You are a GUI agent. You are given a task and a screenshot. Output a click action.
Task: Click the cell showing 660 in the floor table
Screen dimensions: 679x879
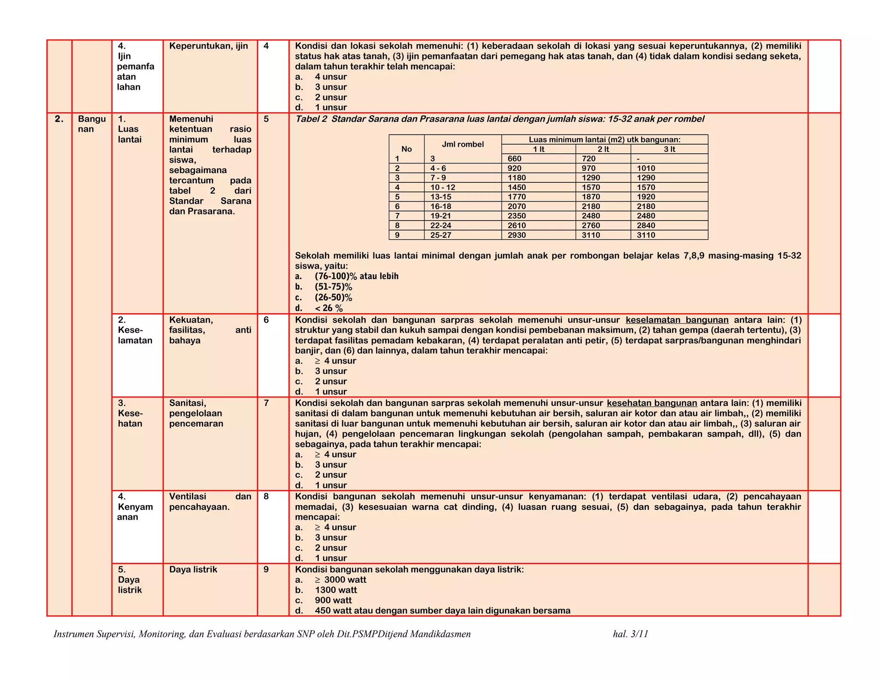pos(515,159)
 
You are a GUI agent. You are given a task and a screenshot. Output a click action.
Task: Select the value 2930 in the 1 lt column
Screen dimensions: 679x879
pos(516,235)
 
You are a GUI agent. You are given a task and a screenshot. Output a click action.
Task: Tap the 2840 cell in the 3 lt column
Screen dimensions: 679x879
pos(646,226)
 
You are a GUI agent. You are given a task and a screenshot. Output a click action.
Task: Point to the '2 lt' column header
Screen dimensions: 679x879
pos(603,149)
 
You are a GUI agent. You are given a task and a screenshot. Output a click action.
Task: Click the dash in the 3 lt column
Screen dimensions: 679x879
pos(638,159)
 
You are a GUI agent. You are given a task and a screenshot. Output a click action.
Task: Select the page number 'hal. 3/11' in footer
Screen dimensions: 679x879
pos(630,634)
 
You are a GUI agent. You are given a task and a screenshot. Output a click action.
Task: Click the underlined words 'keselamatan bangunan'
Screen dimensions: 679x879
pos(677,320)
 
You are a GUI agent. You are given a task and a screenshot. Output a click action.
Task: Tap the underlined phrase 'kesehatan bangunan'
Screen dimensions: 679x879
pos(652,403)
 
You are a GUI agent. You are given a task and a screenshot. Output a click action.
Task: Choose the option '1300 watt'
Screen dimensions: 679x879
pos(336,590)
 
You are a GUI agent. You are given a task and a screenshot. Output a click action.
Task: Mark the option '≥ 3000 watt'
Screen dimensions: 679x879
pos(340,580)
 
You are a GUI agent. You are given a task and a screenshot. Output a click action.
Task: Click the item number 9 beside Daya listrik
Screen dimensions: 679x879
pos(266,570)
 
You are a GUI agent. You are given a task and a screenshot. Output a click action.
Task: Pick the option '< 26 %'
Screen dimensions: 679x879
pos(329,308)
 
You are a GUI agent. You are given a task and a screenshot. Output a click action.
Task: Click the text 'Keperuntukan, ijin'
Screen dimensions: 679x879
pos(209,46)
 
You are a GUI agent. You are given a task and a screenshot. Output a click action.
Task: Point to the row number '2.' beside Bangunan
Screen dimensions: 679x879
pos(59,119)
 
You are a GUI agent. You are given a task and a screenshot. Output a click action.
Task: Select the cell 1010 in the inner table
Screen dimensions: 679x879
pos(646,169)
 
